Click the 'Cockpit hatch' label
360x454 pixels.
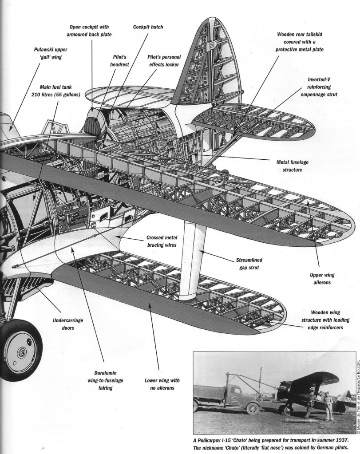[x=148, y=27]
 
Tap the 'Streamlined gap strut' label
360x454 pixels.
[x=249, y=264]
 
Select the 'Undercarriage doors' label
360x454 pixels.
[x=68, y=324]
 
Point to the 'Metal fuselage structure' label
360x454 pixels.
[x=292, y=166]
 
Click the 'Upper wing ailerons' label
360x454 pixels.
[x=322, y=279]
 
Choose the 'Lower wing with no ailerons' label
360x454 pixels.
[x=162, y=384]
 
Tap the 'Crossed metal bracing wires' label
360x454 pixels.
[x=162, y=241]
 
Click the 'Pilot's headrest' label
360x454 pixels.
[x=119, y=61]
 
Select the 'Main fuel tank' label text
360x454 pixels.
[x=55, y=87]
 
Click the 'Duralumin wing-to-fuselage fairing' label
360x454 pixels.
[x=105, y=380]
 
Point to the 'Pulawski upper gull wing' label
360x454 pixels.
[x=51, y=53]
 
